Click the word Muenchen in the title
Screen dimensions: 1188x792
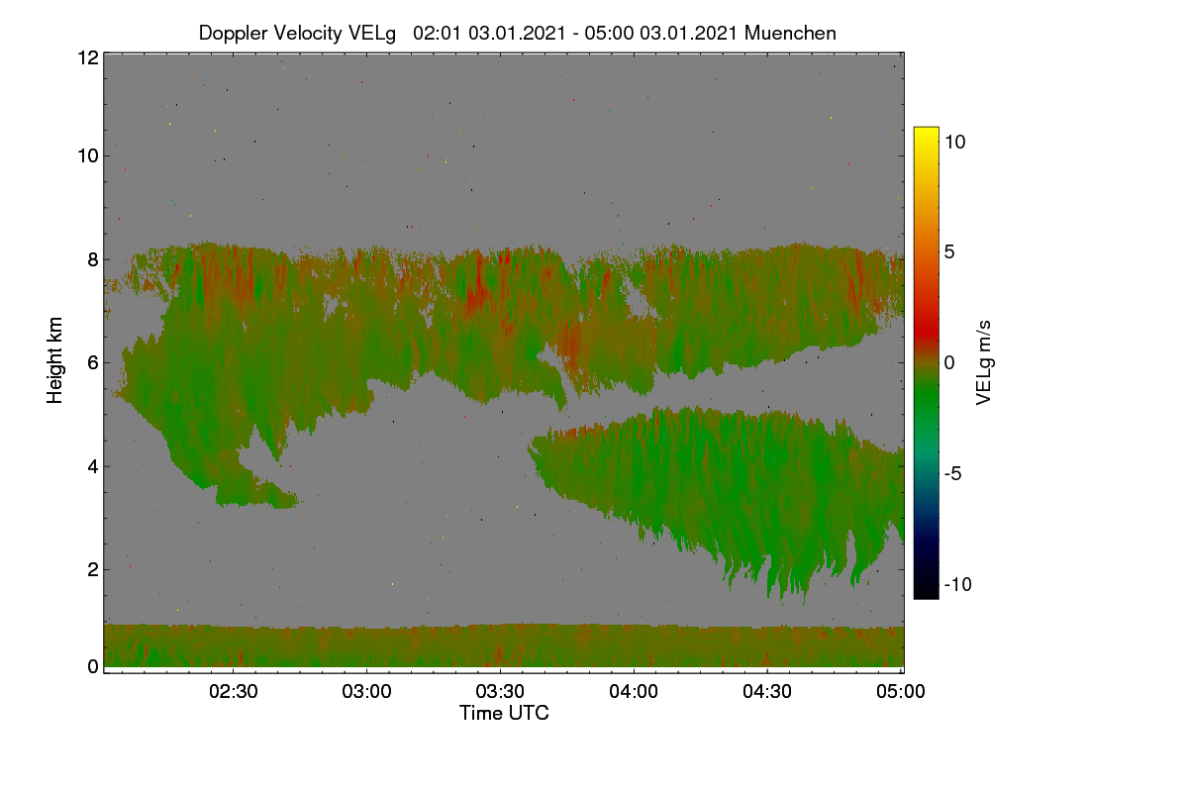coord(790,34)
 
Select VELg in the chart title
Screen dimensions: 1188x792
coord(372,34)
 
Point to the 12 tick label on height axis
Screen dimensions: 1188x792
coord(88,57)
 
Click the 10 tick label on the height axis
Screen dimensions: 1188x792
coord(88,156)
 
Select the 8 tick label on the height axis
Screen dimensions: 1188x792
coord(93,259)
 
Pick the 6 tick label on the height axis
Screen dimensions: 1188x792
coord(93,363)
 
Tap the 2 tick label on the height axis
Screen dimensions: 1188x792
coord(93,569)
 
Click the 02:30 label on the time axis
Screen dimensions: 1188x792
coord(234,691)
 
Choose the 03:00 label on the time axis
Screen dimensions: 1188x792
coord(366,691)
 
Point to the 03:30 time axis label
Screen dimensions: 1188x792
coord(500,691)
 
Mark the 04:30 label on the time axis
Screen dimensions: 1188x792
coord(767,691)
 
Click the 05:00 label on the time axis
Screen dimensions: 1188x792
coord(901,691)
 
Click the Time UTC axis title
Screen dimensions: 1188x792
coord(504,713)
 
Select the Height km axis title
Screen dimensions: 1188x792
coord(54,360)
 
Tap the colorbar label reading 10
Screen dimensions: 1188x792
coord(955,142)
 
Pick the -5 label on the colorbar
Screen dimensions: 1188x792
coord(953,473)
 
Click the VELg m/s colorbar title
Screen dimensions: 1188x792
coord(983,363)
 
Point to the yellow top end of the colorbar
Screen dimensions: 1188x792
coord(926,130)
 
